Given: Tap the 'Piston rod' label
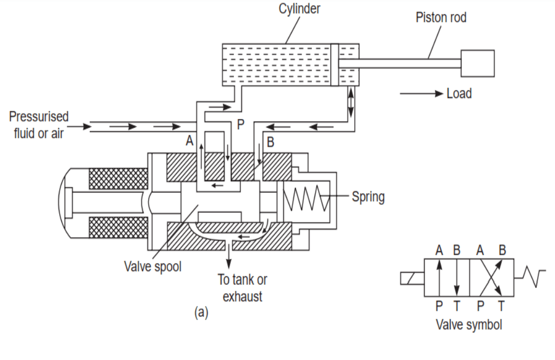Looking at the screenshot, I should [x=441, y=17].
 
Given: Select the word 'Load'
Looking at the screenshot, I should [x=459, y=93].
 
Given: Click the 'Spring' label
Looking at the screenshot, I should [x=368, y=197].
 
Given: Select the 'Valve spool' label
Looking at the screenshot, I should [x=153, y=267].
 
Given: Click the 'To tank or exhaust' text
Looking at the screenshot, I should [x=242, y=287].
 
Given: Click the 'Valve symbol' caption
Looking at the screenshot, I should [x=469, y=325].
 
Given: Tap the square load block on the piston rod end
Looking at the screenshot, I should [x=477, y=63].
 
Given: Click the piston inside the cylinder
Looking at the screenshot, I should [x=334, y=65].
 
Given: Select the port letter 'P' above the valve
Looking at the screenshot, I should [x=240, y=125].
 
